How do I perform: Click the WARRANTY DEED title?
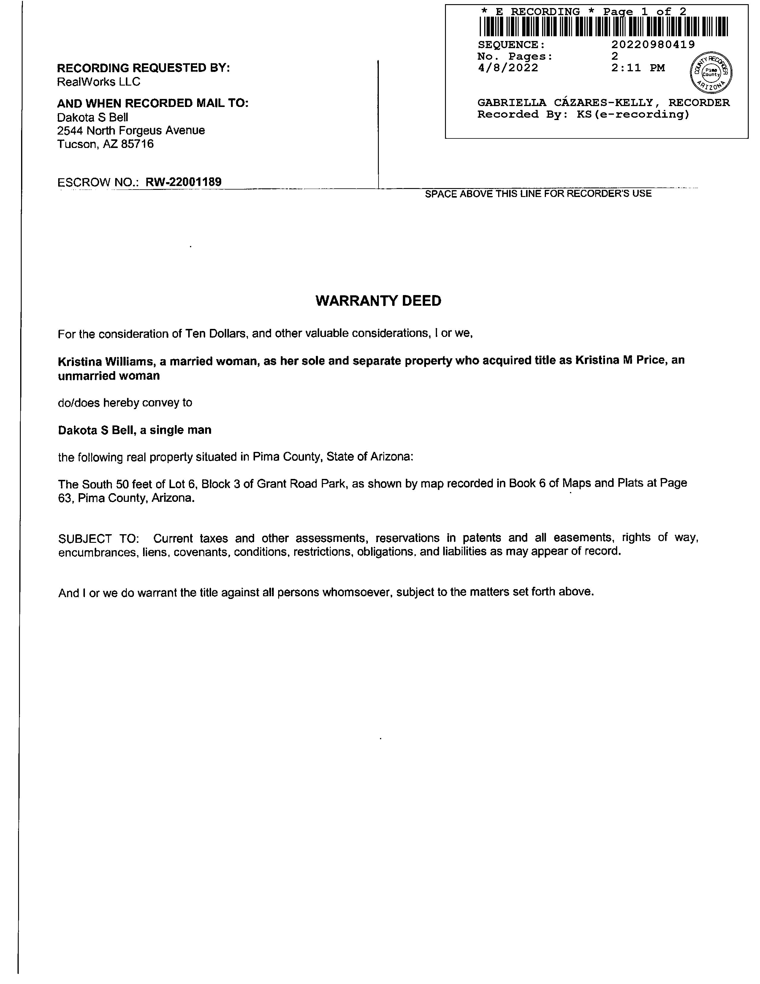pyautogui.click(x=378, y=301)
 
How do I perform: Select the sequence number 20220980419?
pyautogui.click(x=653, y=45)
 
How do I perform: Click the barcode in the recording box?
pyautogui.click(x=603, y=26)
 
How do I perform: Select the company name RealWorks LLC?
pyautogui.click(x=99, y=82)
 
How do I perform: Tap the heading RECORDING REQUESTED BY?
pyautogui.click(x=143, y=68)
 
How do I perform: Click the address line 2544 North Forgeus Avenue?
pyautogui.click(x=131, y=131)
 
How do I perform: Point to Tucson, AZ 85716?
pyautogui.click(x=105, y=144)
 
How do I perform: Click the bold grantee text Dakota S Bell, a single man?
pyautogui.click(x=134, y=430)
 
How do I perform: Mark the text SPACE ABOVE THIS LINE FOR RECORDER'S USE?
pyautogui.click(x=538, y=194)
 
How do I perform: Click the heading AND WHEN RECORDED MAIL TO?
pyautogui.click(x=153, y=103)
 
